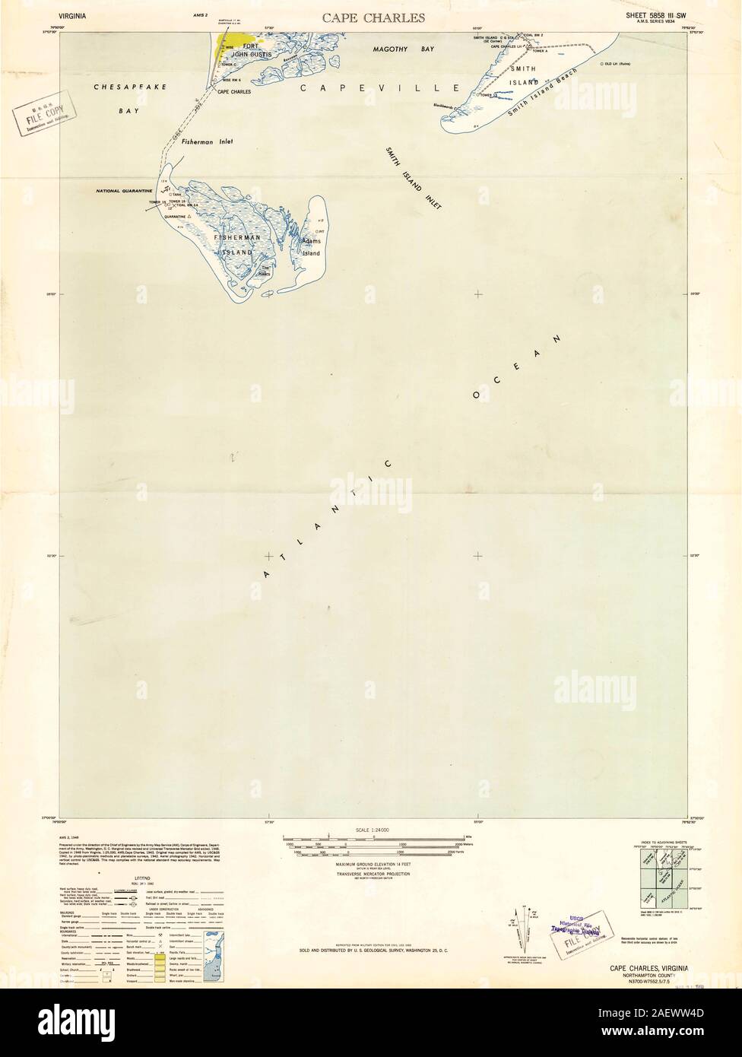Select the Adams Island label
point(312,246)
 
